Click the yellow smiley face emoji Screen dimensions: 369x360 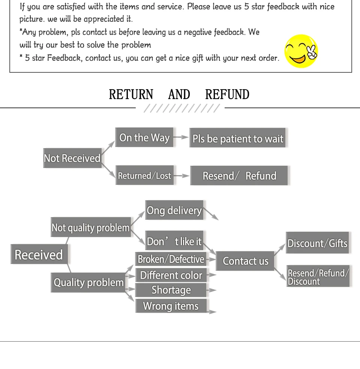pos(301,51)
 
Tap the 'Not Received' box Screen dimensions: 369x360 pos(72,158)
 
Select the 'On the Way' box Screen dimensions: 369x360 pos(144,138)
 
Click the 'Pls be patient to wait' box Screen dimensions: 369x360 pos(238,138)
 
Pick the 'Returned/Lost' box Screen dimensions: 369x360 pos(145,175)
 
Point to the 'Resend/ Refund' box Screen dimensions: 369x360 pos(239,175)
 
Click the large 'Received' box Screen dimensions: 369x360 pos(39,255)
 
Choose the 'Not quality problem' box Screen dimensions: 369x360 pos(91,227)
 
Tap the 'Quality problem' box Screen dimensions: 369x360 pos(88,282)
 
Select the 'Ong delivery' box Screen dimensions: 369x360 pos(174,210)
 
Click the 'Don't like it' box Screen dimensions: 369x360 pos(174,241)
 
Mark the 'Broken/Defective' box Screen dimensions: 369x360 pos(171,259)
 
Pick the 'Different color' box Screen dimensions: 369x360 pos(171,275)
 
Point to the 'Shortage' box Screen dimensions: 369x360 pos(171,290)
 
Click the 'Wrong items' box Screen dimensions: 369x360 pos(171,306)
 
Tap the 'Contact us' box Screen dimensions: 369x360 pos(245,261)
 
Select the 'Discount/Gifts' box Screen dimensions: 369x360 pos(318,243)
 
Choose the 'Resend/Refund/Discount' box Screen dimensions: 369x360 pos(318,277)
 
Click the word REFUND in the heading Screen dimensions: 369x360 pos(227,94)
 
